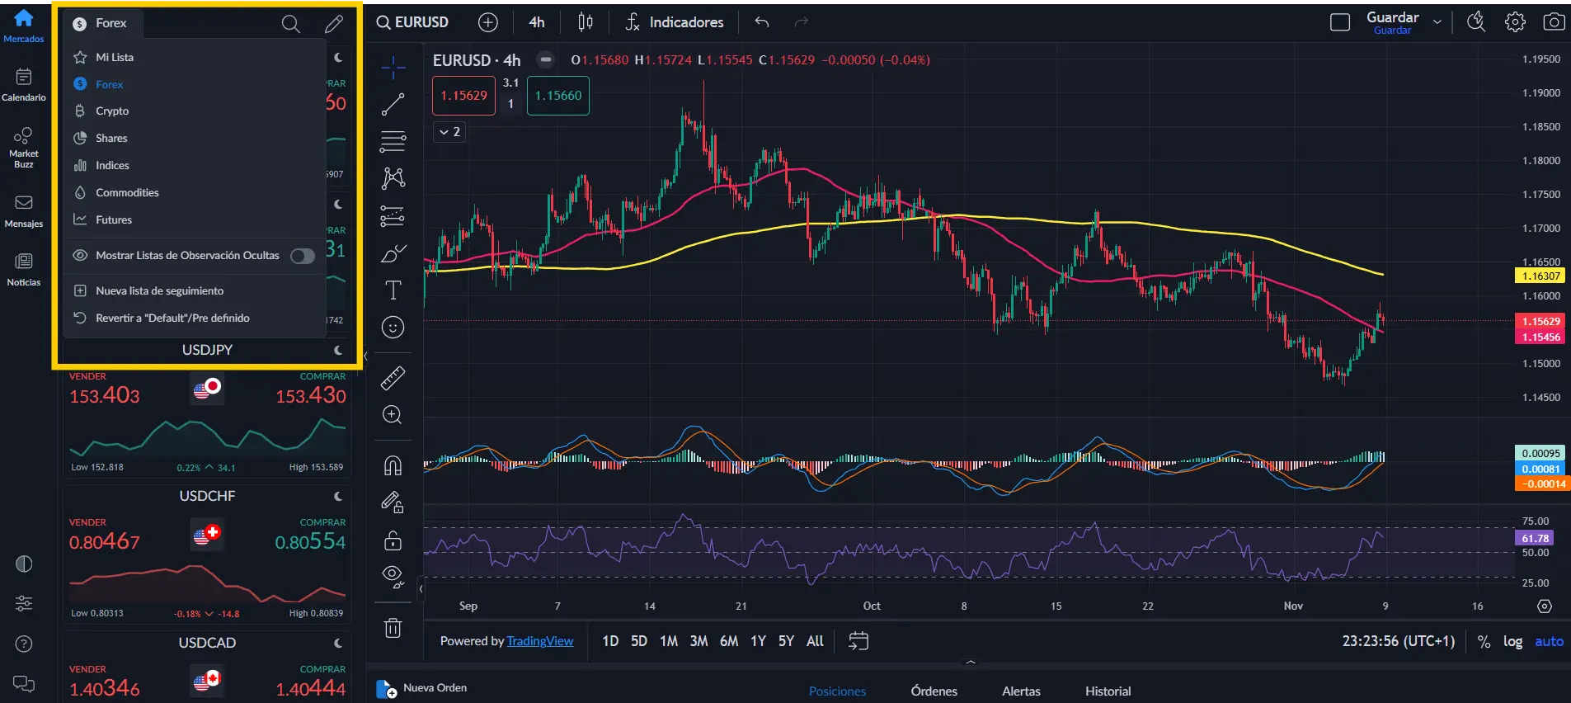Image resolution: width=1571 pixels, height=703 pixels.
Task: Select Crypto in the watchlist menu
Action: coord(112,111)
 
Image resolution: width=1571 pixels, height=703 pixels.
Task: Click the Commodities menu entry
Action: coord(127,192)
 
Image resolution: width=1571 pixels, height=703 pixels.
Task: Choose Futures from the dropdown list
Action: coord(114,219)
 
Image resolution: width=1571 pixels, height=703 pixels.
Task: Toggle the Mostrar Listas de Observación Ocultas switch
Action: coord(302,256)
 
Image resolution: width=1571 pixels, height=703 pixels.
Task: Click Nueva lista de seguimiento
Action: coord(159,290)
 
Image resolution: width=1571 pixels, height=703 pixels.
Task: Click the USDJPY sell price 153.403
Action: coord(105,396)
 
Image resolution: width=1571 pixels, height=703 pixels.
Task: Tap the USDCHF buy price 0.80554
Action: coord(310,542)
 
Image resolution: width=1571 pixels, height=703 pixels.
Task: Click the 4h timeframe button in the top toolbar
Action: coord(537,22)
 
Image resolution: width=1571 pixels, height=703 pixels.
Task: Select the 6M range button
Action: coord(729,641)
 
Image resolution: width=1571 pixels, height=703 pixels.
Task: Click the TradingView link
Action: coord(539,641)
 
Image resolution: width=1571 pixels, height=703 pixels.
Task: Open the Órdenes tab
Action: coord(934,691)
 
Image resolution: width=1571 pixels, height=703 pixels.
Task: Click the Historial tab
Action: coord(1108,691)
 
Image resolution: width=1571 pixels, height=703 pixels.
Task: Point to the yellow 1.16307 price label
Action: coord(1540,276)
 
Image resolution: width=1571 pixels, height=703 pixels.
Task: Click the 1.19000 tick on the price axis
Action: coord(1540,93)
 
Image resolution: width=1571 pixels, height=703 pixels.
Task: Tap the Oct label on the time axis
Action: coord(872,606)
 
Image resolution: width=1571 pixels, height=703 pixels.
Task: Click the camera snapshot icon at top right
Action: coord(1554,22)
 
